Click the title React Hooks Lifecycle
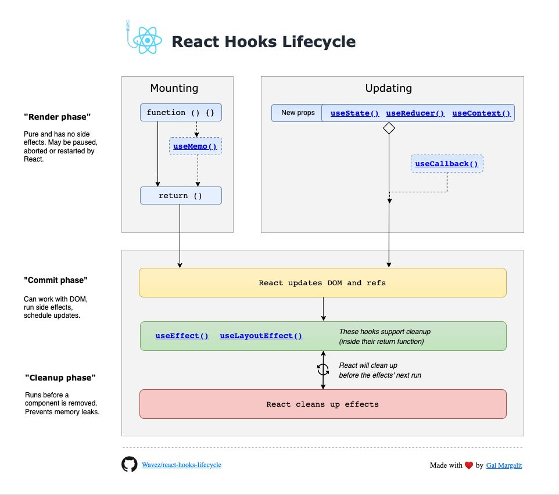click(x=263, y=42)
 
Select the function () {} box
click(x=181, y=113)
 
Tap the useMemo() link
click(x=195, y=146)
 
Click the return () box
click(x=181, y=196)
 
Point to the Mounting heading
click(x=174, y=88)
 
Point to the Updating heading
click(x=389, y=88)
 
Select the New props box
click(x=298, y=113)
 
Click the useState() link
click(x=354, y=113)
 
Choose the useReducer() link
click(x=415, y=113)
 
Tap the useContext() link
click(x=482, y=113)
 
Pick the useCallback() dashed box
click(x=447, y=164)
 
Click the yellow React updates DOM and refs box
click(x=322, y=283)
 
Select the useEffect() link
click(x=182, y=336)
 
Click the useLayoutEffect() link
click(x=261, y=336)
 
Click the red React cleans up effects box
click(x=322, y=404)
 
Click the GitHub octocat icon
click(x=129, y=464)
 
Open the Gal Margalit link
click(x=504, y=465)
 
